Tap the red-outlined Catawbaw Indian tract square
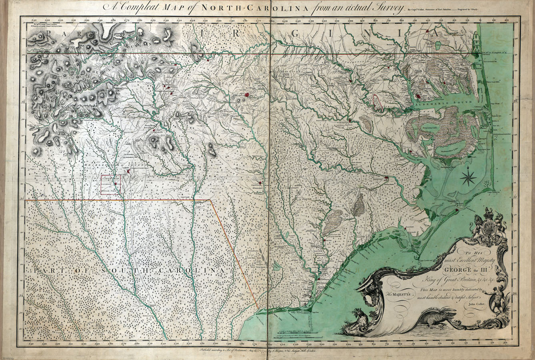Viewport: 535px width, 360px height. pos(110,186)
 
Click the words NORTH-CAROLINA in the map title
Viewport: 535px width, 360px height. pos(247,8)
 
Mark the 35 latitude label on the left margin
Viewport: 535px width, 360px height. pos(22,199)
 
